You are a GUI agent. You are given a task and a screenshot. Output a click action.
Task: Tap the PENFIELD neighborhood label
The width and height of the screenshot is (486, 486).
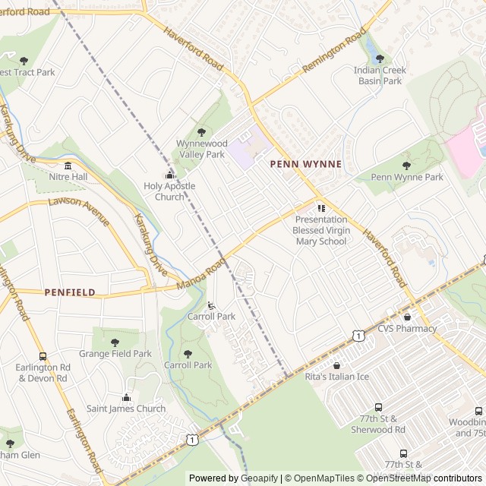[x=70, y=292]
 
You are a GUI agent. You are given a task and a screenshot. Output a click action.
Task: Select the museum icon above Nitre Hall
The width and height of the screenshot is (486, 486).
[x=68, y=166]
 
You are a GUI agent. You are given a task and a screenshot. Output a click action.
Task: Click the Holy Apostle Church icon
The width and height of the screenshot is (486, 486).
[x=169, y=175]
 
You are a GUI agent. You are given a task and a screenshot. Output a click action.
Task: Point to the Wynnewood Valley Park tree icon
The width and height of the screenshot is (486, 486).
[x=201, y=132]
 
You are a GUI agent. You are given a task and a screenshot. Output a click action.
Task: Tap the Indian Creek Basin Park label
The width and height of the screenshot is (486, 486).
[x=380, y=75]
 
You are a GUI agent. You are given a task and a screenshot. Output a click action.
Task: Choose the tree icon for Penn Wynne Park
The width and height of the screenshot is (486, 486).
[x=406, y=166]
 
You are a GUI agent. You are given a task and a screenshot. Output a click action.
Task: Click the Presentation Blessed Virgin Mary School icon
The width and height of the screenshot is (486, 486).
[x=321, y=207]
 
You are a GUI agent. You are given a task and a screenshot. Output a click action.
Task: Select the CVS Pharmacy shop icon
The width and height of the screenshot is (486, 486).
[x=408, y=317]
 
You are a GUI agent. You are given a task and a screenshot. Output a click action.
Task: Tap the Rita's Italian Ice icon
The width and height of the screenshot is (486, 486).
[x=336, y=365]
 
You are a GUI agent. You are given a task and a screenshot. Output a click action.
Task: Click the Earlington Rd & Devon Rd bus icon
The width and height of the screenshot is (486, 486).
[x=43, y=356]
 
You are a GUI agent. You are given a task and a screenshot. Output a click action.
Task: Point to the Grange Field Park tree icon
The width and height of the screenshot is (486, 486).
[x=115, y=342]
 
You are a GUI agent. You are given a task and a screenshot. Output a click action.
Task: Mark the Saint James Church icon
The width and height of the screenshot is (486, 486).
[x=126, y=397]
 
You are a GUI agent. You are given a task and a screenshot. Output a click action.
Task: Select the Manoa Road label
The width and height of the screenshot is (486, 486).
[x=202, y=274]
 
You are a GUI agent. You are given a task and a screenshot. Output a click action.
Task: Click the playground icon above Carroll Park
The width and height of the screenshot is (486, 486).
[x=211, y=305]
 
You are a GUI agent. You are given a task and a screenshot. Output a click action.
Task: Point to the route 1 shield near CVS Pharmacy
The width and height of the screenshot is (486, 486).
[x=358, y=335]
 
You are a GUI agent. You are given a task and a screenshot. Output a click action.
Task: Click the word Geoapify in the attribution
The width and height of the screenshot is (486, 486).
[x=260, y=478]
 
